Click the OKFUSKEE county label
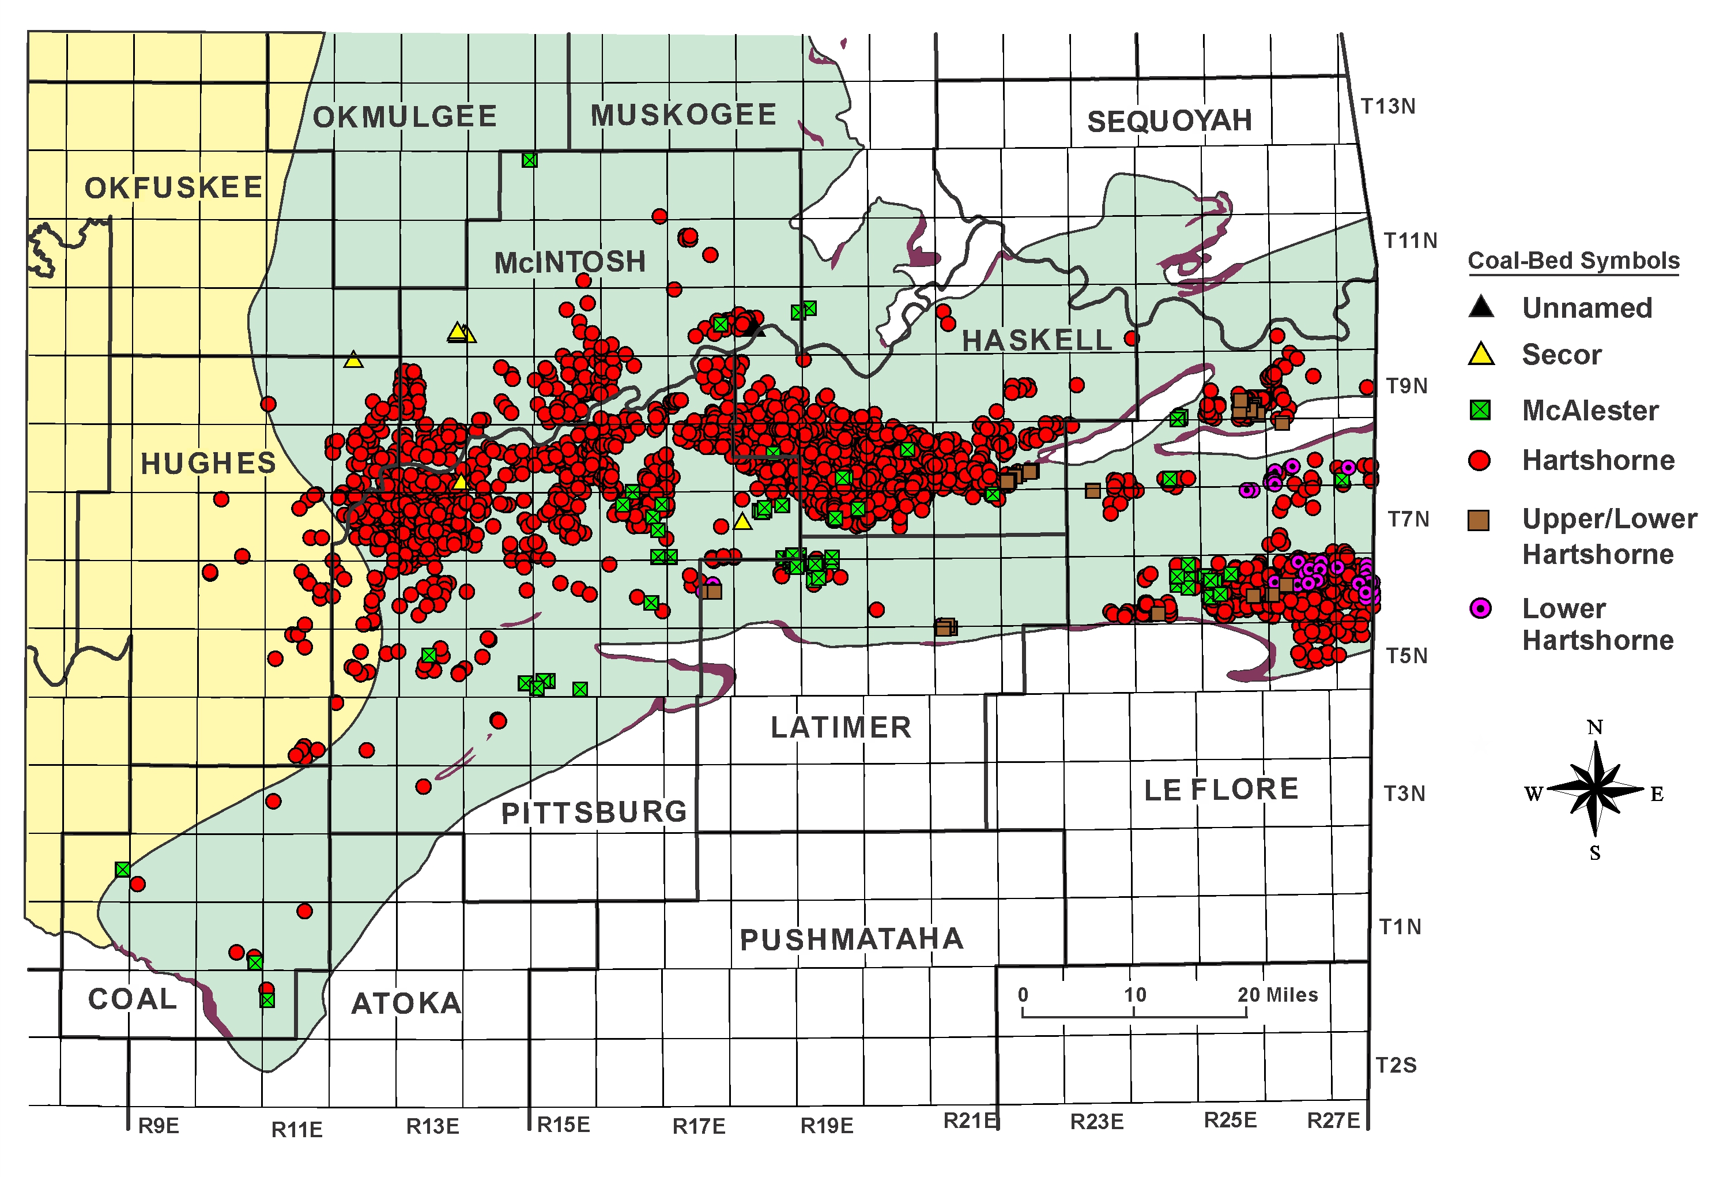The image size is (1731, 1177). coord(174,188)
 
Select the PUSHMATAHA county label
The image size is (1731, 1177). coord(851,939)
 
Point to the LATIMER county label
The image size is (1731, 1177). coord(841,727)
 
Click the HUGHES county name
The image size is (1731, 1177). coord(209,463)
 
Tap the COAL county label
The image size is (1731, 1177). coord(133,999)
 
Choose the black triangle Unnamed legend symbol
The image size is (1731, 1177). coord(1481,307)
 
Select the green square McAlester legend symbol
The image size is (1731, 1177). coord(1480,409)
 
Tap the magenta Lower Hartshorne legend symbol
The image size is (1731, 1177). coord(1480,608)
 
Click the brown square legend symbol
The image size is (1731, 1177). coord(1479,520)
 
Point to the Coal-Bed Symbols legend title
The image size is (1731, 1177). coord(1573,261)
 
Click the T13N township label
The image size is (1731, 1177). coord(1387,107)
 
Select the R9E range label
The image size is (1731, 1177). coord(159,1126)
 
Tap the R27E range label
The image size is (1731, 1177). coord(1333,1120)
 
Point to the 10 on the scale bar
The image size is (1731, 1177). coord(1135,995)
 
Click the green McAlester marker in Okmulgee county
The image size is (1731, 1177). coord(530,160)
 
